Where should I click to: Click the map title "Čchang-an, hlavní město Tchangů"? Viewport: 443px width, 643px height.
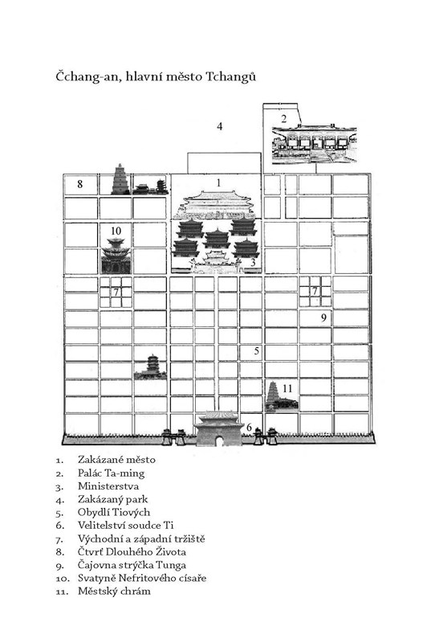click(x=156, y=77)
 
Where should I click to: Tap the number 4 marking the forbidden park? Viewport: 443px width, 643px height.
click(x=219, y=126)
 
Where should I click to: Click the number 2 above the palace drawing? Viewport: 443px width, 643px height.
click(x=284, y=119)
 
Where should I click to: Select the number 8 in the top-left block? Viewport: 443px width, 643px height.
click(x=79, y=184)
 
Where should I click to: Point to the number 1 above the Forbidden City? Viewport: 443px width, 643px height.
click(x=218, y=182)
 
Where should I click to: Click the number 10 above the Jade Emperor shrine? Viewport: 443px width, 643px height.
click(x=116, y=231)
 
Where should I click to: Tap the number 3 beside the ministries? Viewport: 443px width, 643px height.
click(x=253, y=262)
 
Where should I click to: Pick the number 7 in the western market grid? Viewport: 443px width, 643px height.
click(x=116, y=292)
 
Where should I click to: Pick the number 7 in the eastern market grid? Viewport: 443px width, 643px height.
click(x=315, y=291)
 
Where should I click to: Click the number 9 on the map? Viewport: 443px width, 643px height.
click(x=323, y=317)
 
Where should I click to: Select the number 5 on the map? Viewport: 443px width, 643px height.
click(x=256, y=350)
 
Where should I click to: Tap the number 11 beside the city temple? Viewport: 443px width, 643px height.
click(x=287, y=388)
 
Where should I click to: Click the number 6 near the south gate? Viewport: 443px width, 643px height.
click(x=249, y=428)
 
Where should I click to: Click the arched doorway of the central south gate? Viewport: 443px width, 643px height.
click(x=220, y=440)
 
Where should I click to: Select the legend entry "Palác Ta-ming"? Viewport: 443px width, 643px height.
click(x=111, y=473)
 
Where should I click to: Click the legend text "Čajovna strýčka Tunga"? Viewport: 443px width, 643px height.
click(x=132, y=565)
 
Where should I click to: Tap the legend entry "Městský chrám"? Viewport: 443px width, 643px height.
click(x=114, y=592)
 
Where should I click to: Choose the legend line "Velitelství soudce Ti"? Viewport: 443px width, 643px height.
click(x=126, y=526)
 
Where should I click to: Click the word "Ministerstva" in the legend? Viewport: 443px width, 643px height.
click(x=108, y=486)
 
